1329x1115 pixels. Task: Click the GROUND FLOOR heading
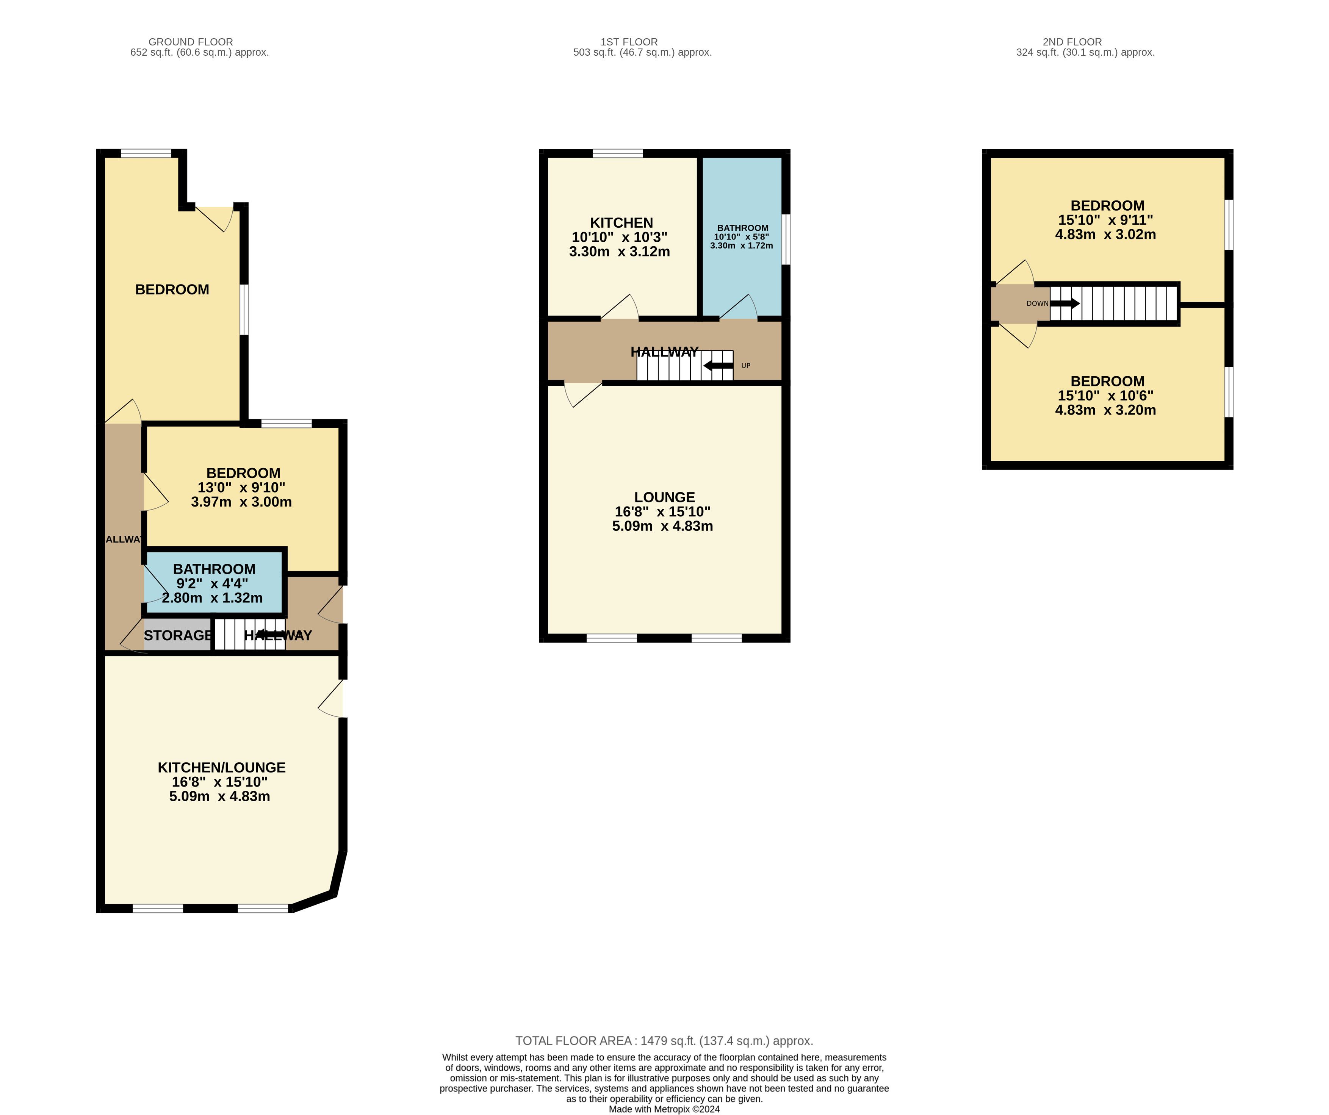point(191,42)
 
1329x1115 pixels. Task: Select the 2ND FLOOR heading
point(1072,42)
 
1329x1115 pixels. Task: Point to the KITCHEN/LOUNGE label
point(221,768)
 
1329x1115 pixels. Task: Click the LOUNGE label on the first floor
point(665,497)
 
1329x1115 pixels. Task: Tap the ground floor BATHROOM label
point(214,569)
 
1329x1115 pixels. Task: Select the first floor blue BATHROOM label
point(743,228)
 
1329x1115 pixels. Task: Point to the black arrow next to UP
point(718,366)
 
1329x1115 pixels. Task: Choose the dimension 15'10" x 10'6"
point(1105,396)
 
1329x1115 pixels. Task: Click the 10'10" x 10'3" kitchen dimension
point(620,237)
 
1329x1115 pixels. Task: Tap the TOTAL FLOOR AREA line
point(665,1041)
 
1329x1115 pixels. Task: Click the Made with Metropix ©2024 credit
point(665,1109)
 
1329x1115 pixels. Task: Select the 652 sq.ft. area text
point(200,53)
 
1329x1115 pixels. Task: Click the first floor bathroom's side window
point(786,239)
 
